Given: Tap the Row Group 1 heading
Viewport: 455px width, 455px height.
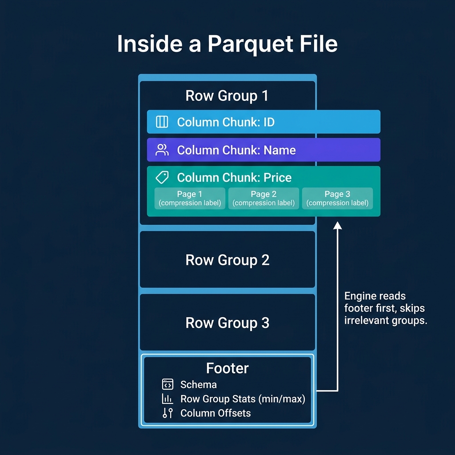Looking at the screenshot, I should [x=227, y=96].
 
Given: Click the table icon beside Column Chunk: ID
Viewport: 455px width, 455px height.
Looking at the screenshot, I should [x=162, y=122].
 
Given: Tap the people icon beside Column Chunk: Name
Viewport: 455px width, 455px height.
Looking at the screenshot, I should [x=162, y=150].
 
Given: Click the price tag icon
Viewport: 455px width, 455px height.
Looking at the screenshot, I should [x=162, y=177].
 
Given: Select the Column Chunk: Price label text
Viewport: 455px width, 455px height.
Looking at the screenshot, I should [x=234, y=178].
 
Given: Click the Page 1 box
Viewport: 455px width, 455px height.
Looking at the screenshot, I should [x=190, y=198].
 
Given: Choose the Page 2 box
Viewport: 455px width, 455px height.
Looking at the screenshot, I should [x=263, y=198].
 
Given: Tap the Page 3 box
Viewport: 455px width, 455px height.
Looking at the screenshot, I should [x=337, y=198].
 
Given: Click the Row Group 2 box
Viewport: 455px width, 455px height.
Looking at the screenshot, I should [x=227, y=260].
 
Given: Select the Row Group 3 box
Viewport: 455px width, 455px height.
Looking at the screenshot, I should [x=227, y=323].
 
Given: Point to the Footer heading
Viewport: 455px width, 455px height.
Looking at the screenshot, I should [x=227, y=368].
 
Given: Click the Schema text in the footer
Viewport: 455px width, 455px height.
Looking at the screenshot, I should [x=198, y=385].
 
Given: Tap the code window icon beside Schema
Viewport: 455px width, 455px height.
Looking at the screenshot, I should [x=168, y=384].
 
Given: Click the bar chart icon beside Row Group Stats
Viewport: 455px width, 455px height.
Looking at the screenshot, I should [x=168, y=399].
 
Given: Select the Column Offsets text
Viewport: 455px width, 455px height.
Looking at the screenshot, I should [x=216, y=413].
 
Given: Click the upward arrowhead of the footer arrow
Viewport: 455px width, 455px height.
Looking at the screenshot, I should [x=338, y=226].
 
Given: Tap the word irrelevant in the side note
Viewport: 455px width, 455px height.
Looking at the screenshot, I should [x=365, y=320].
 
